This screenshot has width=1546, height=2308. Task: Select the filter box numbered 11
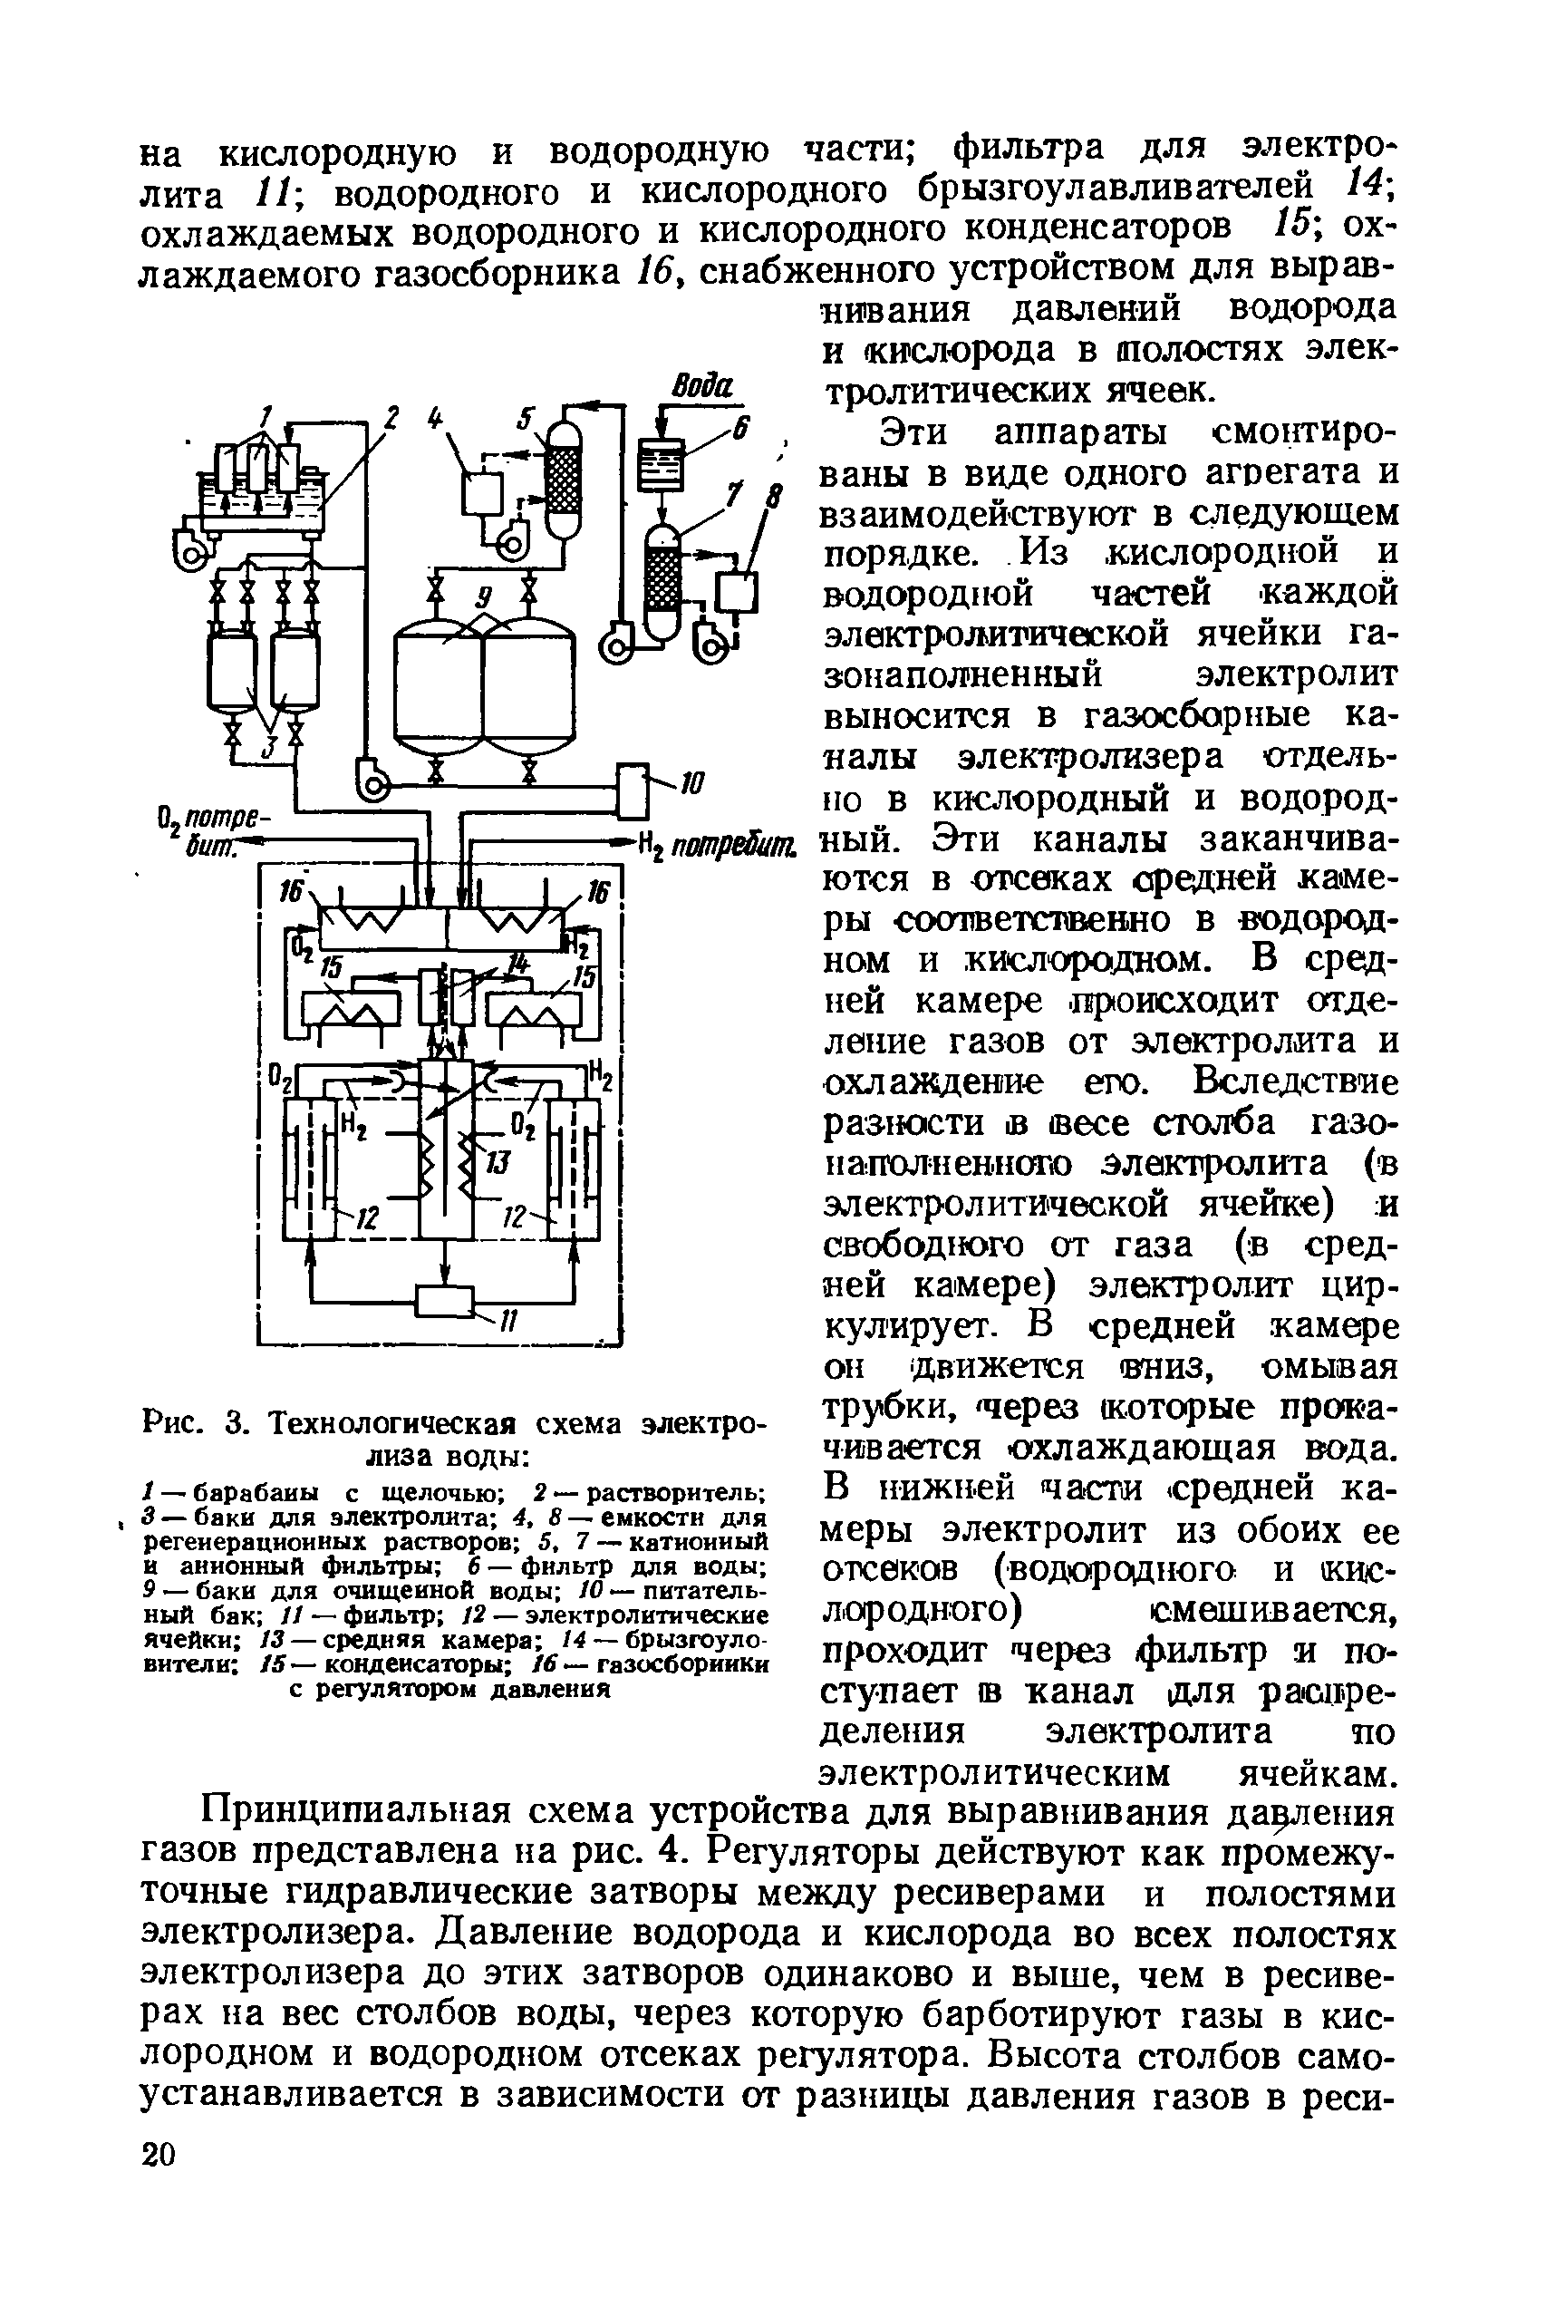445,1300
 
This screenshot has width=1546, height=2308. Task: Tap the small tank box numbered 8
737,593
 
